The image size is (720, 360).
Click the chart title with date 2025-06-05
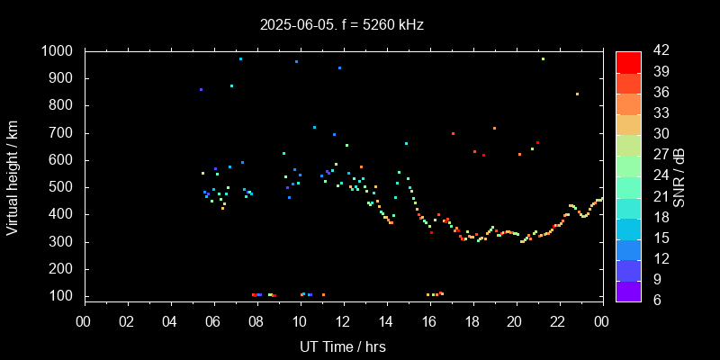[341, 25]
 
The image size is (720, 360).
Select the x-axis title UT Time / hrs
[342, 346]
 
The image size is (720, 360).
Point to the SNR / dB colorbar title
[679, 175]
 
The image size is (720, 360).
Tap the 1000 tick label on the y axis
[58, 51]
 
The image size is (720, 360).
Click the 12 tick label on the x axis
[342, 322]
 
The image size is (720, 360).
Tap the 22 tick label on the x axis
[558, 322]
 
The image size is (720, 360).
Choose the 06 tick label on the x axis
[213, 322]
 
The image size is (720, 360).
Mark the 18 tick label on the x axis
[472, 322]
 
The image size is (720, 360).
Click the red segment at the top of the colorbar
[628, 61]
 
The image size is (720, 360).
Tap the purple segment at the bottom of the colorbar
[628, 290]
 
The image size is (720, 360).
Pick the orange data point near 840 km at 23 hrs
[577, 94]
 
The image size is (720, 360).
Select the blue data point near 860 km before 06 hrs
[201, 89]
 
